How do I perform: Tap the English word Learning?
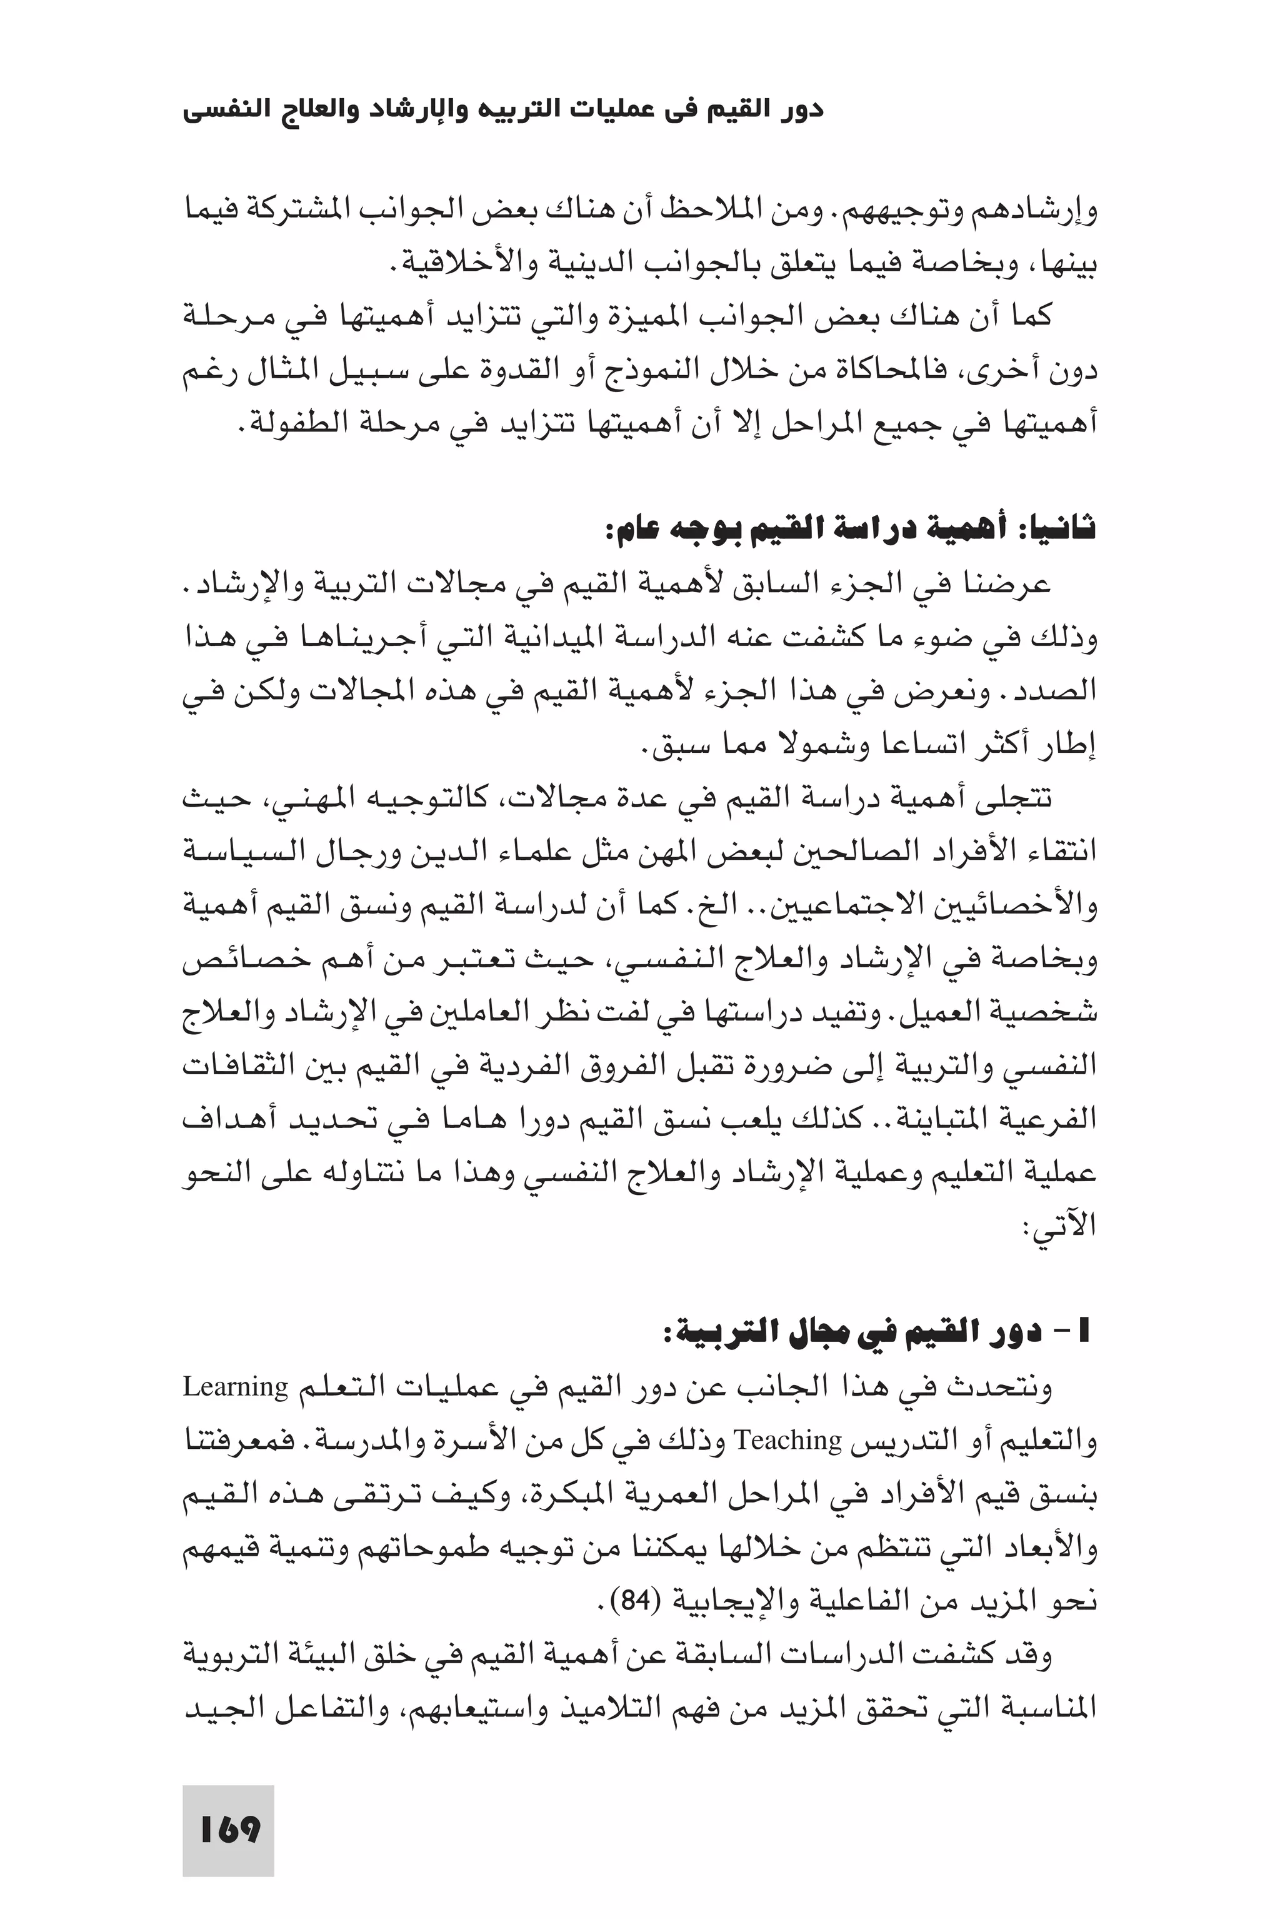pos(236,1387)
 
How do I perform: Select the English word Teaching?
pos(789,1441)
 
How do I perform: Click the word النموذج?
pos(727,371)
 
